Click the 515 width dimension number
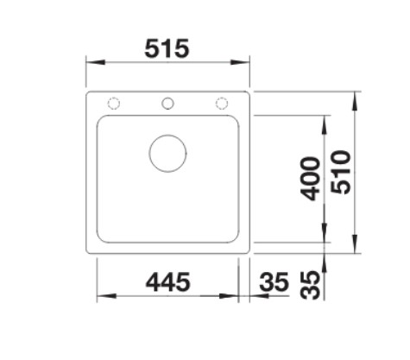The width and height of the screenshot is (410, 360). click(167, 48)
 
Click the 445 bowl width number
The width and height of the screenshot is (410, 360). click(167, 281)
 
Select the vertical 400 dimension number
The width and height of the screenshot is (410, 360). click(310, 179)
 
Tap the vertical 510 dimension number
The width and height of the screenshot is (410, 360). click(341, 172)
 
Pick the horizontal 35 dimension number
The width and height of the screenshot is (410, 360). click(274, 281)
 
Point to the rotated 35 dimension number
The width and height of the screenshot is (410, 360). click(310, 285)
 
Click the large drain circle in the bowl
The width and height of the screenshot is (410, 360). click(167, 154)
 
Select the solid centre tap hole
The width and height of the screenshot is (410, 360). click(167, 104)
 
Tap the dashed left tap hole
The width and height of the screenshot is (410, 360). click(114, 104)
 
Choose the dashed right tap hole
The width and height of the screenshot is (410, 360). click(222, 104)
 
